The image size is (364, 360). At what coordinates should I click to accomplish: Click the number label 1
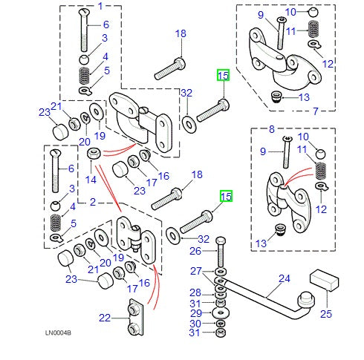pyautogui.click(x=101, y=7)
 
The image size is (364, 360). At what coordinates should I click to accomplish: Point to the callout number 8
pyautogui.click(x=271, y=128)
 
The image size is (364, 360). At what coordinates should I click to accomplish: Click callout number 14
pyautogui.click(x=91, y=179)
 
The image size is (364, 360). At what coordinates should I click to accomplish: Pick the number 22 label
pyautogui.click(x=105, y=318)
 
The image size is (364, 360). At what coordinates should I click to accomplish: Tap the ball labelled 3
pyautogui.click(x=85, y=59)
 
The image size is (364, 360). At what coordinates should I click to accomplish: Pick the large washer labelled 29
pyautogui.click(x=221, y=312)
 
